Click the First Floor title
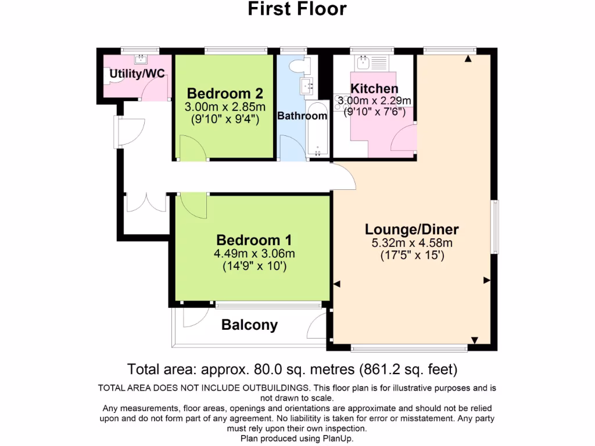297,9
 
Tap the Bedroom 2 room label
225,93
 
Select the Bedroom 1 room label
254,240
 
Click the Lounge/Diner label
412,228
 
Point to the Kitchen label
375,89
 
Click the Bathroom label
302,116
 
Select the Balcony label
249,325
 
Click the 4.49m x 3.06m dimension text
255,254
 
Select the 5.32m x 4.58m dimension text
412,243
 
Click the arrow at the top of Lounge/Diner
468,58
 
